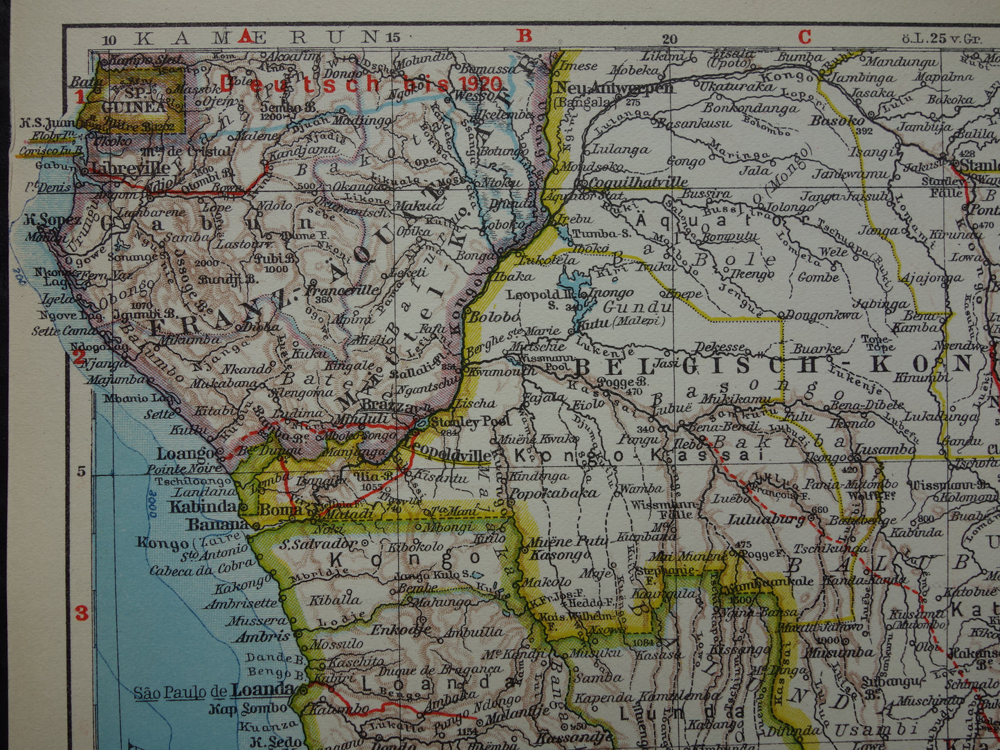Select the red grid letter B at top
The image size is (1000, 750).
coord(525,36)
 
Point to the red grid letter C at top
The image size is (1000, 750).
coord(804,36)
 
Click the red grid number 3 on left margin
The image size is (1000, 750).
coord(82,613)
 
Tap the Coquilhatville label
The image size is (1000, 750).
coord(635,183)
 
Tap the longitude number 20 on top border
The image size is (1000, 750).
coord(669,39)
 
